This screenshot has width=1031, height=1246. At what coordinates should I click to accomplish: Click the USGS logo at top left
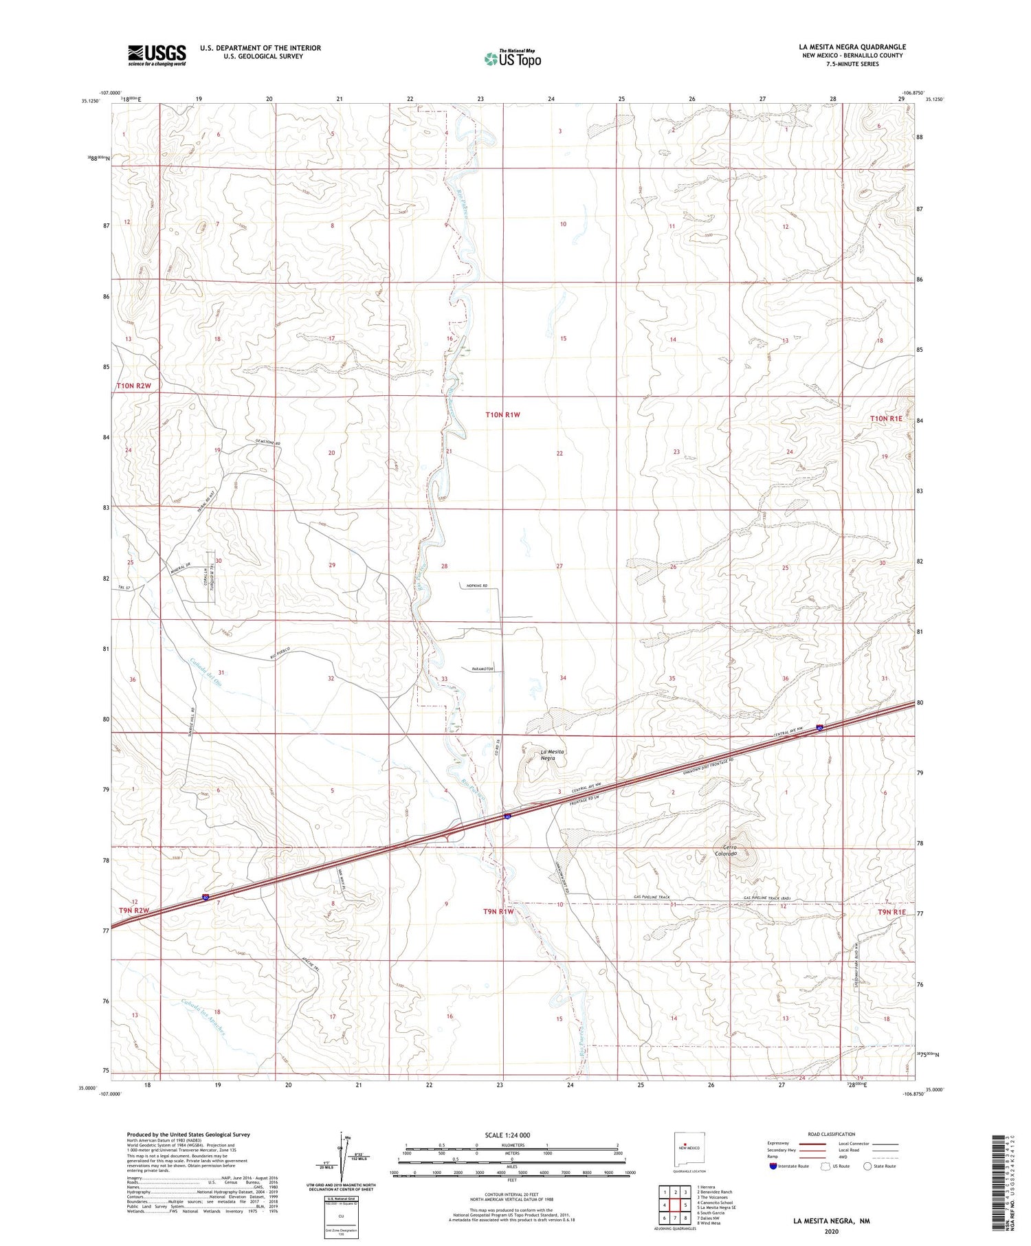[157, 55]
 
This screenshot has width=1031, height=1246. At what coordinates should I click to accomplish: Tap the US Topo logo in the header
[512, 58]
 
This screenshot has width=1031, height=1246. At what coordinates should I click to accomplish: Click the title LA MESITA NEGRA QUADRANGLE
[852, 47]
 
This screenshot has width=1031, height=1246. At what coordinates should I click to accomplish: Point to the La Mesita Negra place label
[553, 755]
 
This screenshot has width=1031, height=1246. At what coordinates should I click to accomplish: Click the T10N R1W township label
[502, 414]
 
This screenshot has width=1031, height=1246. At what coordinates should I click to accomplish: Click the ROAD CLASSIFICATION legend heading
[831, 1134]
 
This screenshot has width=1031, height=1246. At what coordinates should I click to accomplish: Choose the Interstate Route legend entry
[790, 1166]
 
